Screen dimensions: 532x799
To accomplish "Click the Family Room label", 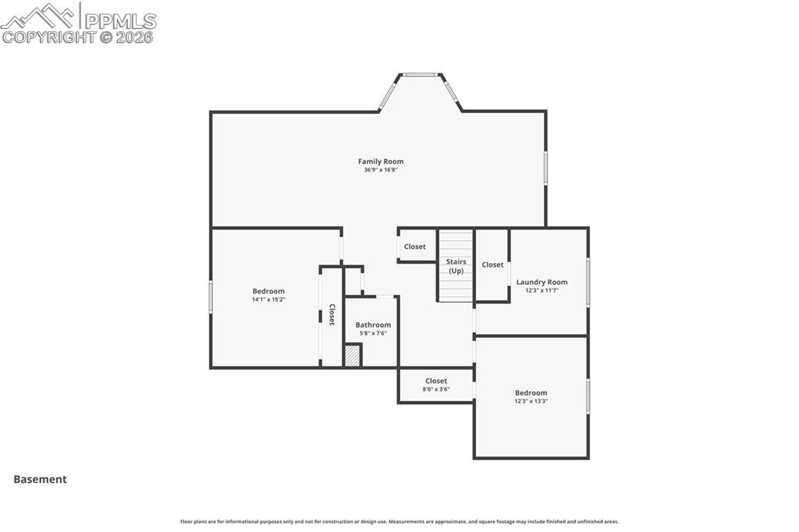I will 381,161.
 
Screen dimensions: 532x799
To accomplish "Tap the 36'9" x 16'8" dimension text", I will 381,170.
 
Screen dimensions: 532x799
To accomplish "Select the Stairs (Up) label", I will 456,266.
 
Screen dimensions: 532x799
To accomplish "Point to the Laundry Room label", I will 542,282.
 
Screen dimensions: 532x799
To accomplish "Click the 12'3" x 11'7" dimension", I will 542,290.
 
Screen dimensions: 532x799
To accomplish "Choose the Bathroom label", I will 373,325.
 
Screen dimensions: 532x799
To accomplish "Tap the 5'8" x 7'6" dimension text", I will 373,333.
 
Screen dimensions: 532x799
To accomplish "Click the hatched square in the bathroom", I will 353,356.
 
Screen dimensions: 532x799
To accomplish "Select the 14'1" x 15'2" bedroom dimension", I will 268,300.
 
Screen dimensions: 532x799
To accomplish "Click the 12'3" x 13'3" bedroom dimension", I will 531,401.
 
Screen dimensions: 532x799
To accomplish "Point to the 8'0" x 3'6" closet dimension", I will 436,388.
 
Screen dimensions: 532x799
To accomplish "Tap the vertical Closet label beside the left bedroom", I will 332,314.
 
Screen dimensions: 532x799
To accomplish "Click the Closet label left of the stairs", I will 415,246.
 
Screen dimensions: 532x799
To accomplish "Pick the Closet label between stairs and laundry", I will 492,264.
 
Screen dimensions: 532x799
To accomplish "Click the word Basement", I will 40,480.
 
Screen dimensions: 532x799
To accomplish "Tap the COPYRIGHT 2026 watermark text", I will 78,37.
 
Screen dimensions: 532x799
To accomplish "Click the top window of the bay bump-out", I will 421,75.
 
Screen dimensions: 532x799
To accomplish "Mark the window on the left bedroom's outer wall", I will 211,297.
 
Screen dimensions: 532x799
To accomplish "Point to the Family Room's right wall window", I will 545,167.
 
